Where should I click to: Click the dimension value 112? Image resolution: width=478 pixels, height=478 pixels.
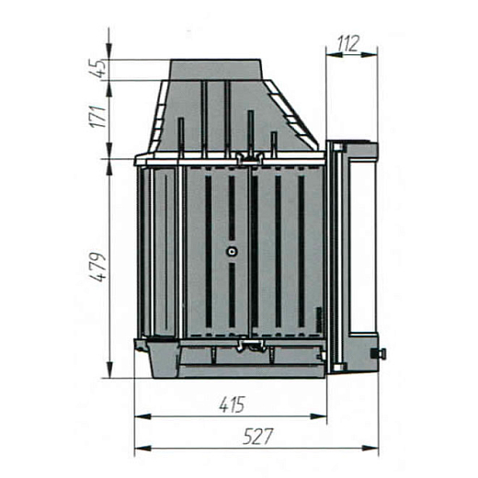tap(348, 43)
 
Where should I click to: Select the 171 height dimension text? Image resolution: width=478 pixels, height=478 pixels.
tap(97, 117)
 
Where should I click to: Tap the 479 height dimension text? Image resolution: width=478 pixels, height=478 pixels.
tap(97, 267)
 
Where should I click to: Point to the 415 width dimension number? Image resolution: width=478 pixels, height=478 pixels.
tap(233, 404)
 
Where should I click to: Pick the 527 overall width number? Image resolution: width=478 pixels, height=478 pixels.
tap(257, 437)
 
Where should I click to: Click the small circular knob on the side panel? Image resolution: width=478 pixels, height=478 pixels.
tap(233, 252)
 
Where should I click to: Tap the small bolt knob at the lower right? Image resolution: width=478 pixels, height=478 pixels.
tap(379, 354)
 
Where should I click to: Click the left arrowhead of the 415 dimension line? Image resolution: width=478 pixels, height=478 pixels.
tap(142, 416)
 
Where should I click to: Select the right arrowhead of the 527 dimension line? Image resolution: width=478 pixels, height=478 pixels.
tap(370, 449)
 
